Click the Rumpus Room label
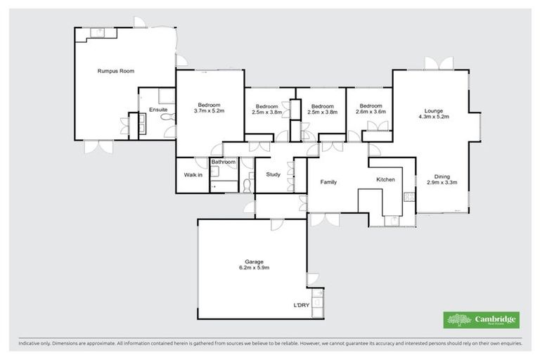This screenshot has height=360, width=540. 116,71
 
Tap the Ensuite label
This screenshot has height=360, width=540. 158,110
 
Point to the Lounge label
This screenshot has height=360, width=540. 433,110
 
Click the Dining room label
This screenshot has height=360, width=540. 442,176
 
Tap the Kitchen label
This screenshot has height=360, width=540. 385,180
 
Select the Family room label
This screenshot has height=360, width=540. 328,182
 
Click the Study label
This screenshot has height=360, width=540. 273,175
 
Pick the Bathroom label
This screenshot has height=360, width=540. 224,162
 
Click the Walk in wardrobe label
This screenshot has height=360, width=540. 193,174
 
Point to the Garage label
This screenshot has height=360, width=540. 255,262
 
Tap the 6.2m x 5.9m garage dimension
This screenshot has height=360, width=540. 255,268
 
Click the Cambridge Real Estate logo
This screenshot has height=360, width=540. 482,320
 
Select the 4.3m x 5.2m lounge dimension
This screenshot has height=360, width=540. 433,117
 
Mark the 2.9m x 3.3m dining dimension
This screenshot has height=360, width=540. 442,182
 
